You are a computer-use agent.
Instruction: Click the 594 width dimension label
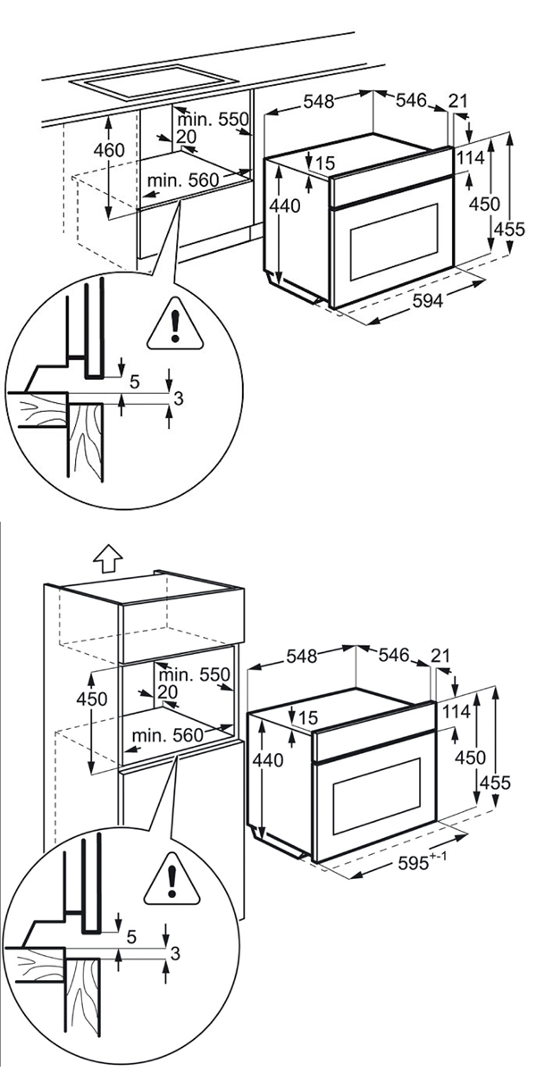pos(427,302)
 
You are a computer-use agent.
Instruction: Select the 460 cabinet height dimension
pos(109,150)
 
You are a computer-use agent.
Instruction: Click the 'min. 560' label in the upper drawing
pos(183,180)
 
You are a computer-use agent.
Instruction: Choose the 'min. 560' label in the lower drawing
pos(167,734)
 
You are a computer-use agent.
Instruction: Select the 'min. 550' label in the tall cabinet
pos(195,674)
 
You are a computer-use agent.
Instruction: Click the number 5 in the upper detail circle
pos(134,381)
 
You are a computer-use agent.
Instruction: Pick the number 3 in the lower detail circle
pos(175,954)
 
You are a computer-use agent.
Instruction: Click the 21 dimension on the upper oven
pos(458,102)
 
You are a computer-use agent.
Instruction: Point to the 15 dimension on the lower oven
pos(308,717)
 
